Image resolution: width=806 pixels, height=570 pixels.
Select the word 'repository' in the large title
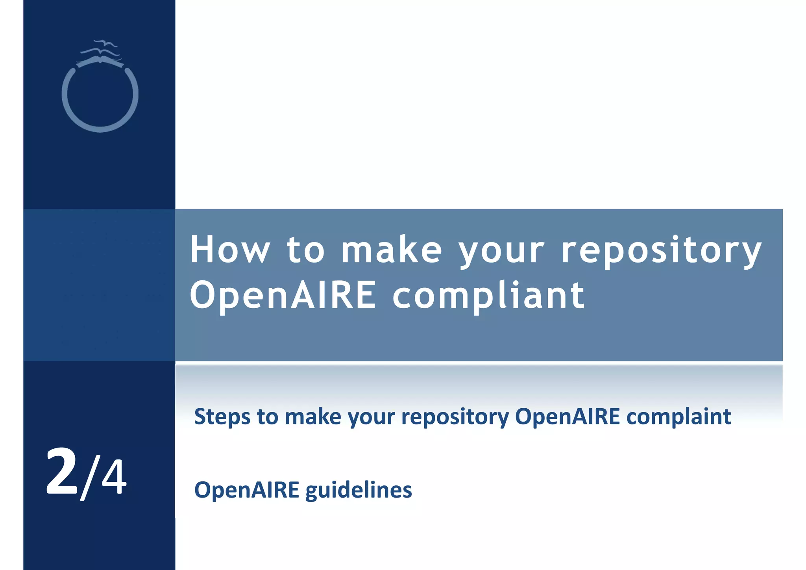[x=661, y=250]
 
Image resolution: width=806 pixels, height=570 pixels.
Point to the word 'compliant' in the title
[x=488, y=296]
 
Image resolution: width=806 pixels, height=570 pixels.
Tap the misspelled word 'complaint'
[x=678, y=417]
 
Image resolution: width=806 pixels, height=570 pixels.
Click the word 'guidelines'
[x=359, y=490]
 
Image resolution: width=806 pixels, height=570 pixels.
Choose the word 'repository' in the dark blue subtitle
[x=455, y=417]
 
